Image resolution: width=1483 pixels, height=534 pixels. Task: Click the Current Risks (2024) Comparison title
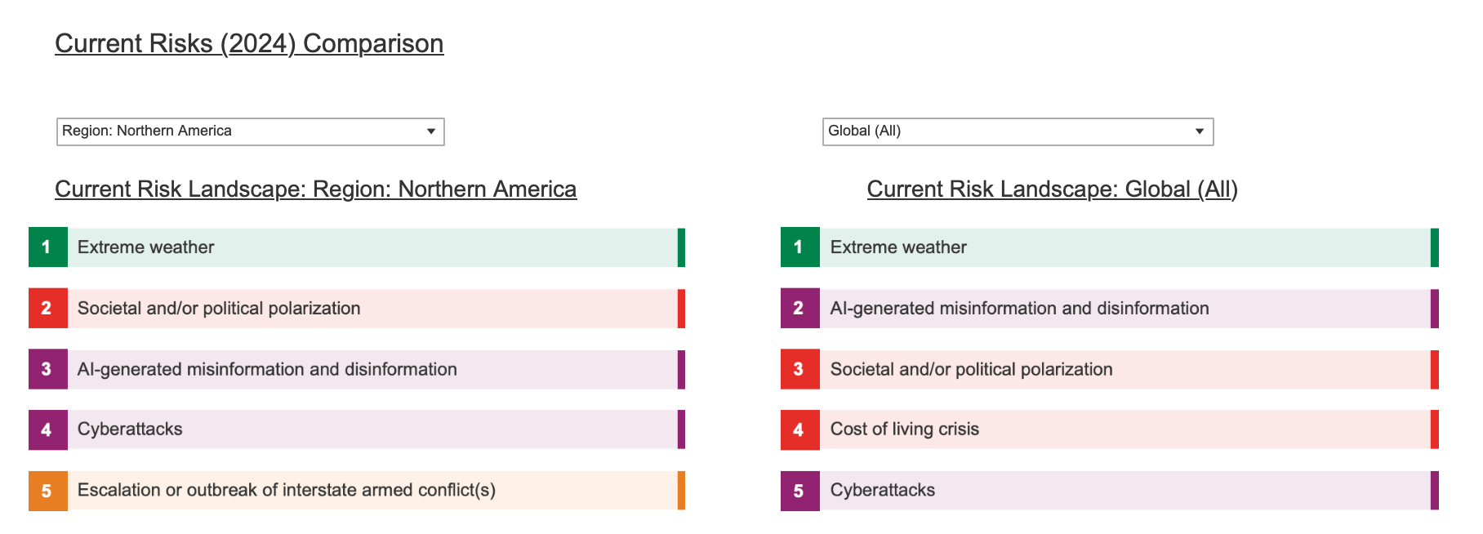(249, 43)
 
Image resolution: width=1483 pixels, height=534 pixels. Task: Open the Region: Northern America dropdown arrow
(431, 131)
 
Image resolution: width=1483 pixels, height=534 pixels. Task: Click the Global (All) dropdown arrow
(1200, 131)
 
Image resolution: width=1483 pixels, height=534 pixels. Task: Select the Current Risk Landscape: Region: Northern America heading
(316, 189)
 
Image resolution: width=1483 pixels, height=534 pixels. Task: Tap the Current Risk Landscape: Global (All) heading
(1053, 189)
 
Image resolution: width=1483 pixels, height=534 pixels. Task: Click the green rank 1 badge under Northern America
(48, 247)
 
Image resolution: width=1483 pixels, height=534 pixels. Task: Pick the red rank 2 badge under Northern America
(48, 309)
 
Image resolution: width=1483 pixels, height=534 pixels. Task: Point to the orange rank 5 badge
(48, 491)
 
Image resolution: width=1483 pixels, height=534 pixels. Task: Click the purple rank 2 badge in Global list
(800, 309)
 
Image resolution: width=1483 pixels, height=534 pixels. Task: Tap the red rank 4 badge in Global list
(800, 429)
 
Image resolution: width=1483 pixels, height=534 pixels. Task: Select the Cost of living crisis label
(905, 429)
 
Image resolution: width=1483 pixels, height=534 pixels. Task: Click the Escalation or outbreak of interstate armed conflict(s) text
(287, 491)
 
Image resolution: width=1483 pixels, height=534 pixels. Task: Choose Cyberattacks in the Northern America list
(130, 429)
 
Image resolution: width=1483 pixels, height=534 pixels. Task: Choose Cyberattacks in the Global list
(883, 491)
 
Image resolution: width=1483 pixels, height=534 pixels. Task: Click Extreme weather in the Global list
(898, 247)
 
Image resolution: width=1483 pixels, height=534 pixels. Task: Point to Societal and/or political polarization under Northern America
(219, 309)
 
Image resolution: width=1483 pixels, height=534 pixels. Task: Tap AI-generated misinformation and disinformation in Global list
(1020, 309)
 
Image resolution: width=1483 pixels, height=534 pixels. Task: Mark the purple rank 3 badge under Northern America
(48, 370)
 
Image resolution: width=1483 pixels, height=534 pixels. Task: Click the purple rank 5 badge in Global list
(800, 491)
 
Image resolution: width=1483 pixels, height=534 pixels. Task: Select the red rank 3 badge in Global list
(800, 370)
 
